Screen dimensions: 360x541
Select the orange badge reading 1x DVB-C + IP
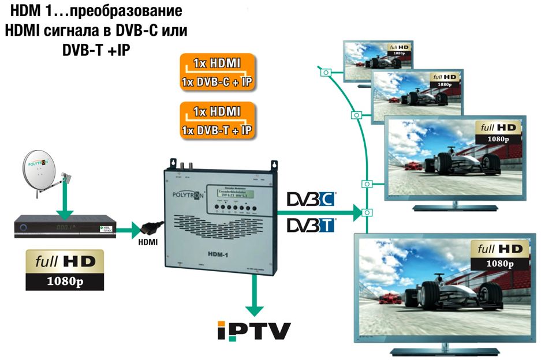click(x=217, y=82)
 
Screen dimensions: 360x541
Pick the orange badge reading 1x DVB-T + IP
click(x=217, y=130)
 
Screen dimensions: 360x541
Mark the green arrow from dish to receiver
click(x=66, y=204)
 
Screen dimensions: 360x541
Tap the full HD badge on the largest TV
click(x=498, y=254)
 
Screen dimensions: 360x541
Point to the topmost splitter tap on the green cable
click(x=326, y=73)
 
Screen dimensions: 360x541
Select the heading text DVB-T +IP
click(x=96, y=50)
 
